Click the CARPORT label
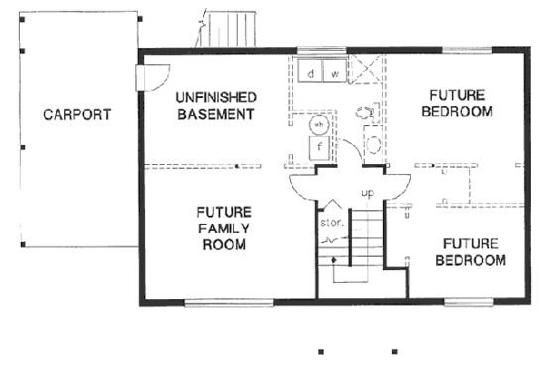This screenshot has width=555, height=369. point(75,114)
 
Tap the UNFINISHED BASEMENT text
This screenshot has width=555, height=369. point(216,105)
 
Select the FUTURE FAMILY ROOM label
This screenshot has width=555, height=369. point(223,228)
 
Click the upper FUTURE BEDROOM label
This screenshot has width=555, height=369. point(456,103)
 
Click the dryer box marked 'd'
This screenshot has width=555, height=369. point(311,74)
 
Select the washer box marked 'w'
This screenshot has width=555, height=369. point(334,74)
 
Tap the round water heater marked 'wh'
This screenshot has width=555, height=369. point(319,126)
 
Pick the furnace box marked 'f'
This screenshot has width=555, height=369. point(319,147)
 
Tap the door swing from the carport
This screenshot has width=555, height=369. point(154,76)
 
